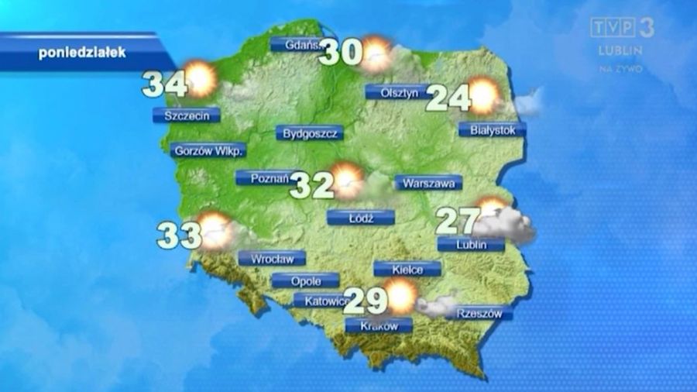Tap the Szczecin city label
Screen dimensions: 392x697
point(186,115)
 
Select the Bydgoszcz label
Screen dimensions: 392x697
point(309,133)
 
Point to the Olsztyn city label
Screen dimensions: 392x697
point(399,92)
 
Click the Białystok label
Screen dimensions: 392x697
point(492,130)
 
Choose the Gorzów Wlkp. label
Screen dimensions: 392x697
point(207,150)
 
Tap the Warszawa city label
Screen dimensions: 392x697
point(428,184)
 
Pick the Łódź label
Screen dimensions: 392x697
point(360,218)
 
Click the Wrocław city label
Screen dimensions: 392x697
point(272,259)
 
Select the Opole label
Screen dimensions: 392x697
point(305,280)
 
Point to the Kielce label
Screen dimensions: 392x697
point(407,270)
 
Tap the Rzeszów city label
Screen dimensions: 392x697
point(479,314)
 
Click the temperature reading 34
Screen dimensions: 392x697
point(163,84)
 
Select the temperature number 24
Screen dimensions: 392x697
point(448,98)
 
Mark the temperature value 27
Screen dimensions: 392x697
point(458,220)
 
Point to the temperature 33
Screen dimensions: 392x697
point(179,235)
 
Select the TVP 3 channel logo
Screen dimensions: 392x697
point(622,29)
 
